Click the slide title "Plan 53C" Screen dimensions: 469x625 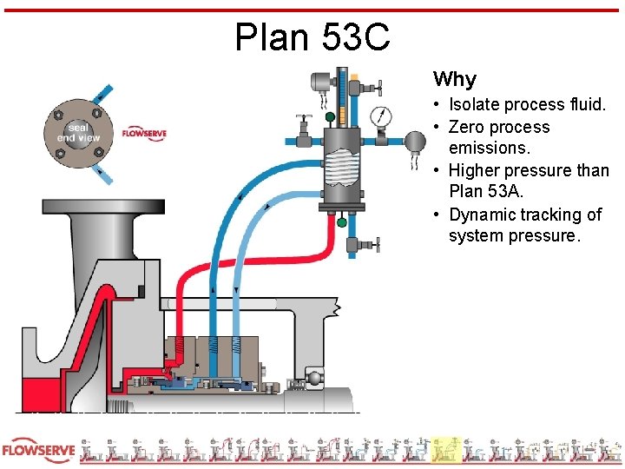click(312, 36)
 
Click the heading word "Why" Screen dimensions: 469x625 click(454, 80)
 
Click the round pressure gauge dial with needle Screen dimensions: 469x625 click(380, 116)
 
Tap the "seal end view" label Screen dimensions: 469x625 click(79, 131)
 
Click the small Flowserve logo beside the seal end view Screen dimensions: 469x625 click(144, 134)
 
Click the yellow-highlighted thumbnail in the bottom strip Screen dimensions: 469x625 click(446, 449)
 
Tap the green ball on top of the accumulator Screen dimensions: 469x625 click(330, 116)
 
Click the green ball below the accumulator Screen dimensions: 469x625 click(341, 222)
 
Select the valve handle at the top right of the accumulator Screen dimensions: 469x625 click(374, 87)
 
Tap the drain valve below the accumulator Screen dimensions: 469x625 click(371, 246)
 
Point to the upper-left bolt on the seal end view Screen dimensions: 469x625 click(59, 114)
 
